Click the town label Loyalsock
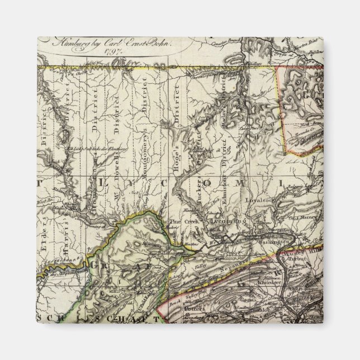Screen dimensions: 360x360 click(259, 198)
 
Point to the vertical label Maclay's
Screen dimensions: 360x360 click(224, 110)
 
